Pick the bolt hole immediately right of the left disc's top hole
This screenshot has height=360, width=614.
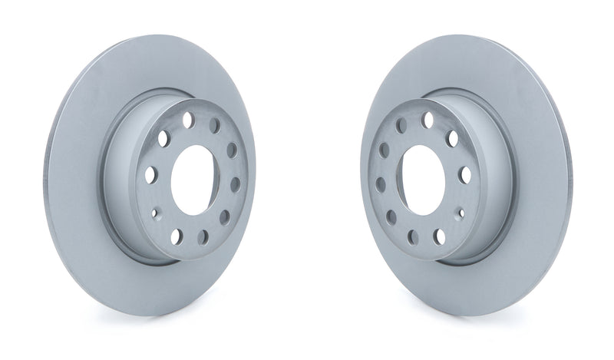pyautogui.click(x=216, y=125)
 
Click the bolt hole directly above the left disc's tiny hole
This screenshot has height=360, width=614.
pyautogui.click(x=150, y=174)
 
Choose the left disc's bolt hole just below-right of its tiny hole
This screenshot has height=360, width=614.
pyautogui.click(x=176, y=235)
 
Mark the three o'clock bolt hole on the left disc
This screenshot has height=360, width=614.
pyautogui.click(x=234, y=183)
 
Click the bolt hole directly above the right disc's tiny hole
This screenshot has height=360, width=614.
pyautogui.click(x=464, y=174)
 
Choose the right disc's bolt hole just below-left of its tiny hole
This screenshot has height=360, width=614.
pyautogui.click(x=438, y=235)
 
